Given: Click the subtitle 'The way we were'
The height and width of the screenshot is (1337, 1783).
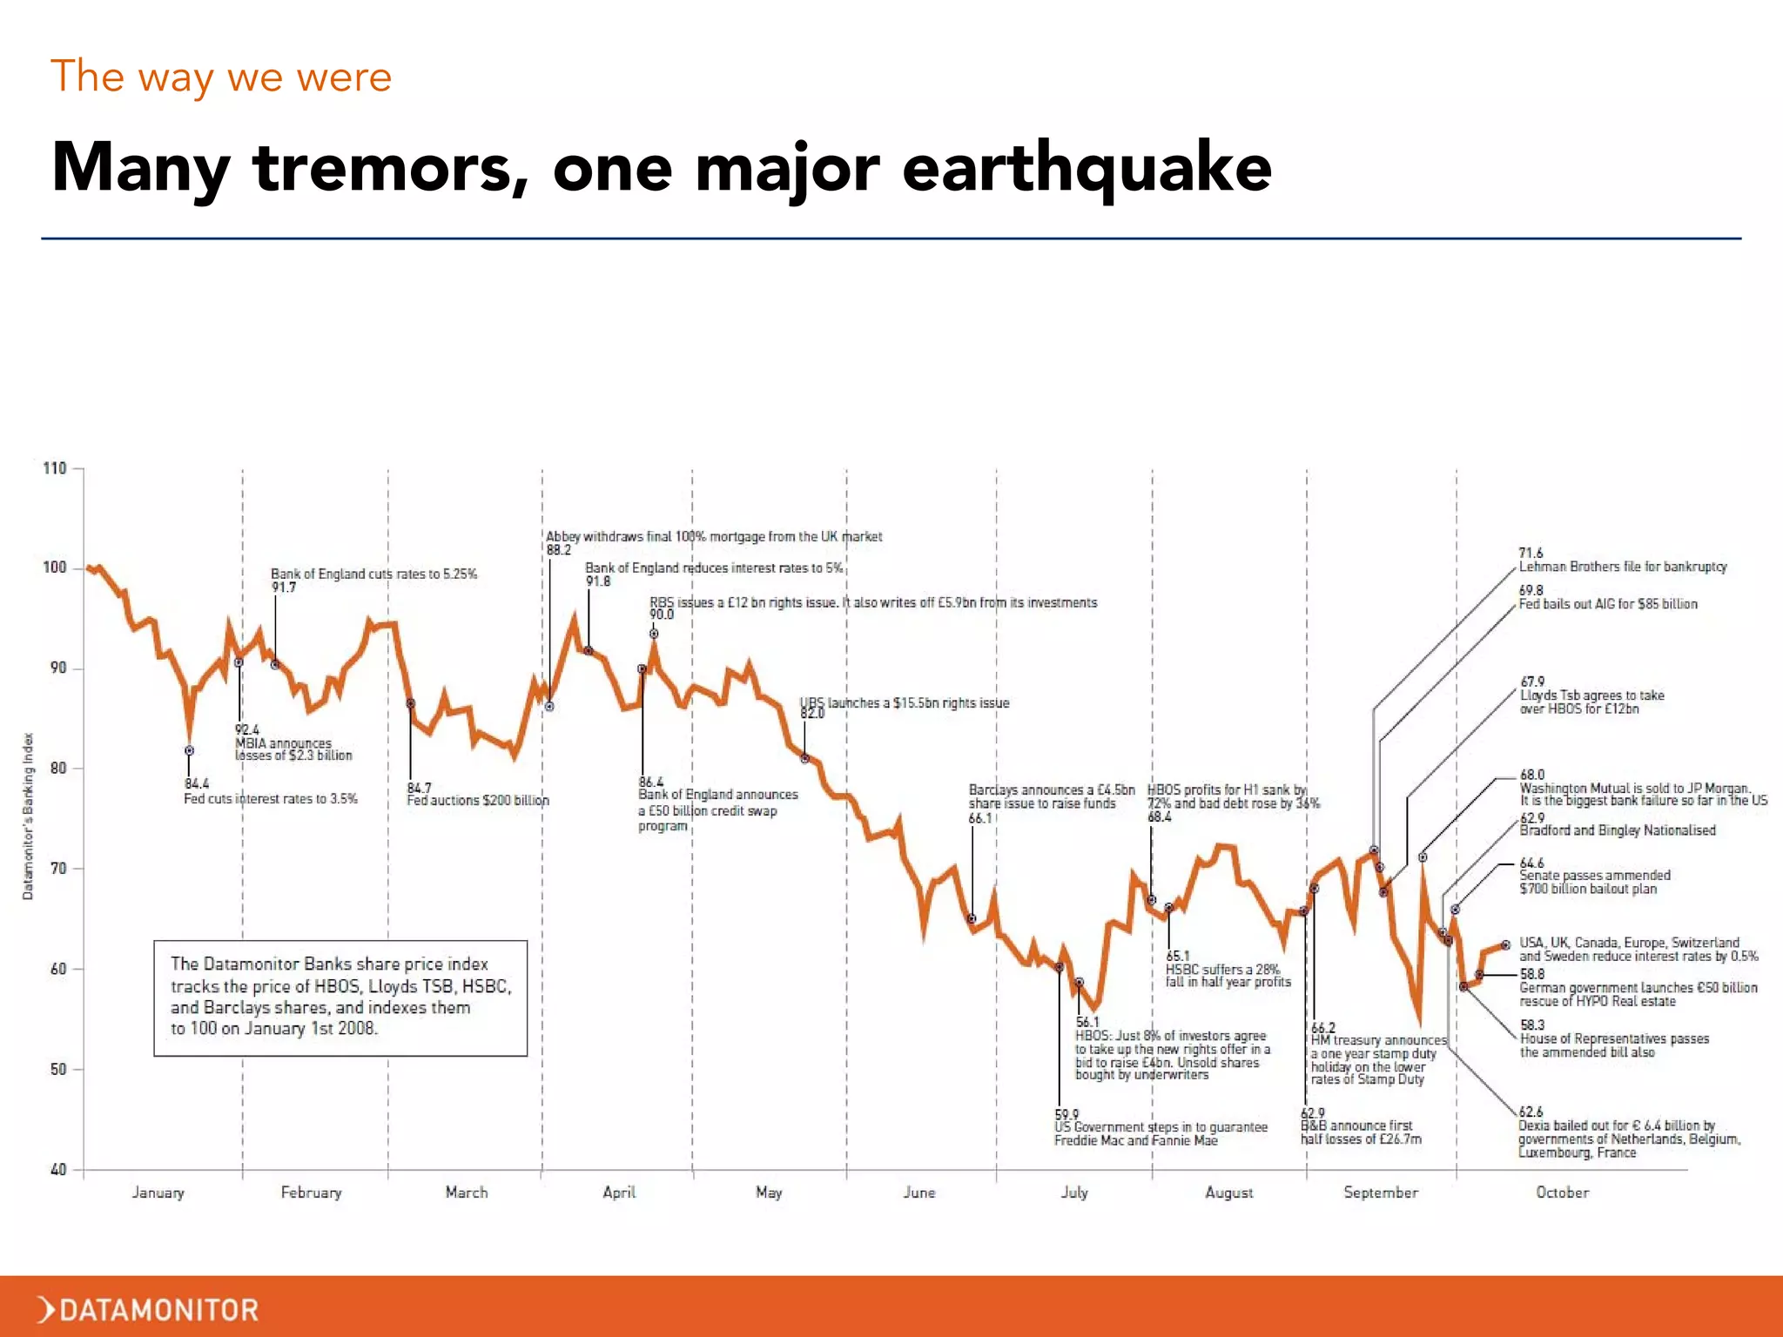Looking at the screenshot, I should click(221, 77).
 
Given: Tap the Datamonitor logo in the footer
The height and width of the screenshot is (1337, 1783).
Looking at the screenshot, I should click(148, 1309).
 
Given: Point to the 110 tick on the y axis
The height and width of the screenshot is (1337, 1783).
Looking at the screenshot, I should click(55, 468).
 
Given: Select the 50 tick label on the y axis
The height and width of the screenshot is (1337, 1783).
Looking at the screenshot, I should click(57, 1069).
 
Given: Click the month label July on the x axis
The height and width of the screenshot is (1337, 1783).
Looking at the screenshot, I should click(1074, 1192).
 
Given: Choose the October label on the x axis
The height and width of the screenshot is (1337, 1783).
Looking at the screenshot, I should click(1562, 1192).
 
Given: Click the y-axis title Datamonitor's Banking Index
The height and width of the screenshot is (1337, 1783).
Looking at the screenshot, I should click(28, 816).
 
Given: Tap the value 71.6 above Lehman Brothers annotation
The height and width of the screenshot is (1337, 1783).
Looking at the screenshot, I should click(1531, 553).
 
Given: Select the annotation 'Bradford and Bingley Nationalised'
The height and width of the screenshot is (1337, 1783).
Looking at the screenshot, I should click(1617, 830).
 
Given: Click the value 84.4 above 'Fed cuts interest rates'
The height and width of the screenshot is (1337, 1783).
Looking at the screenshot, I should click(197, 784).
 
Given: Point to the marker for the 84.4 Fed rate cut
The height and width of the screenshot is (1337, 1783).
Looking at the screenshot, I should click(189, 750).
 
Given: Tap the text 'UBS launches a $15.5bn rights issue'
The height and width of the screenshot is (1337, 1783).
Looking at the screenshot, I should click(905, 702).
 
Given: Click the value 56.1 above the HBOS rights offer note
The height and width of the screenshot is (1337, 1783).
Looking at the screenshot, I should click(1087, 1022).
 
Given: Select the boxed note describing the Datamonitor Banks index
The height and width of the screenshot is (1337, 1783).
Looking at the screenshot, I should click(340, 998).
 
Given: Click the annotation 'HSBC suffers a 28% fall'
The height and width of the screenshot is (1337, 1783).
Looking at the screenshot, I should click(1228, 975).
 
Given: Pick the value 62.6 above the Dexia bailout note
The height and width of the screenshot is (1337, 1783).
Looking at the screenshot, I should click(1531, 1112).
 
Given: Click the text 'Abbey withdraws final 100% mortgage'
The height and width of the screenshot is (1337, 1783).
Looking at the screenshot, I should click(713, 536).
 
